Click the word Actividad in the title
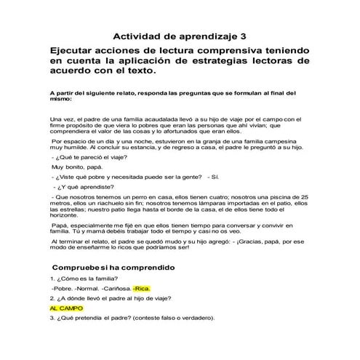pyautogui.click(x=136, y=36)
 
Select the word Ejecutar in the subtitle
pyautogui.click(x=76, y=50)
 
